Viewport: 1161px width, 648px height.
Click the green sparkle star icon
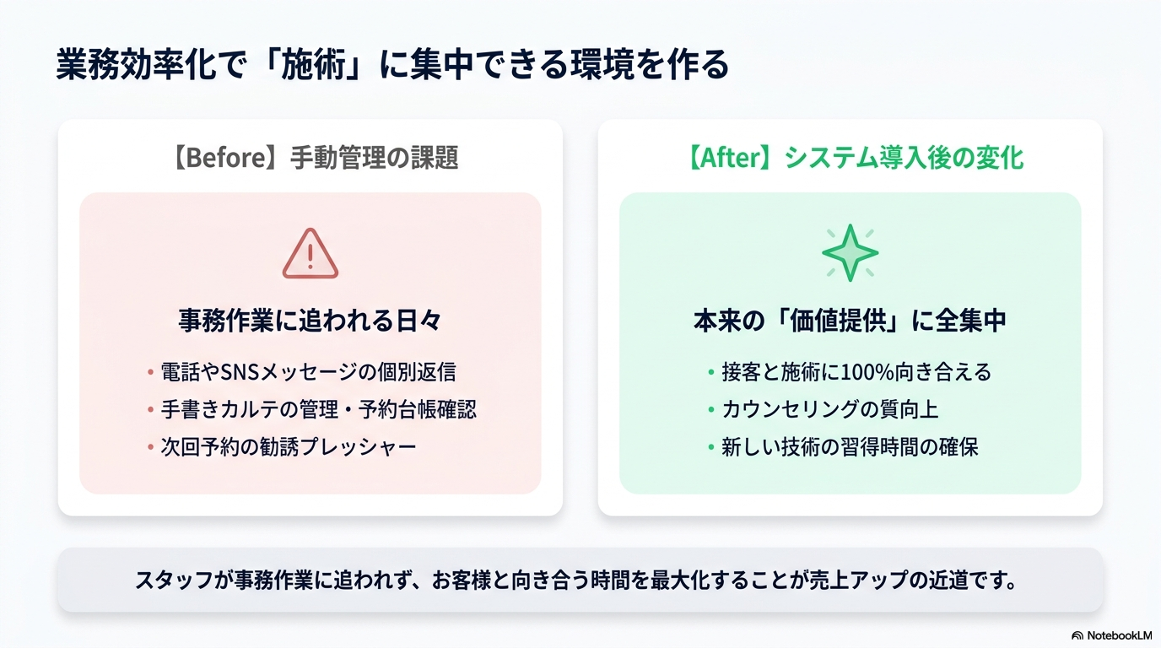[850, 253]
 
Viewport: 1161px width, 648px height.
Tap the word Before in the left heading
[226, 158]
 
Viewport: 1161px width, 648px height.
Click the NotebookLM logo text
[1119, 635]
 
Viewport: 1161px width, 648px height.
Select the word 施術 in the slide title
[314, 65]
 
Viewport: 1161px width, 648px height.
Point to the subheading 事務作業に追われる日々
[310, 320]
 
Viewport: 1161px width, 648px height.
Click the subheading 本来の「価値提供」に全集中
[850, 320]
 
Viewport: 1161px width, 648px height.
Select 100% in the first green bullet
[867, 372]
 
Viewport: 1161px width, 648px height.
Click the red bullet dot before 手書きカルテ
[150, 409]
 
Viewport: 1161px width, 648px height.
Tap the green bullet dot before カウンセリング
[711, 409]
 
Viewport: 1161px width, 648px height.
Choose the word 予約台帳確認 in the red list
[417, 409]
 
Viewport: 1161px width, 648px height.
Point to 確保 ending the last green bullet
[958, 447]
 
